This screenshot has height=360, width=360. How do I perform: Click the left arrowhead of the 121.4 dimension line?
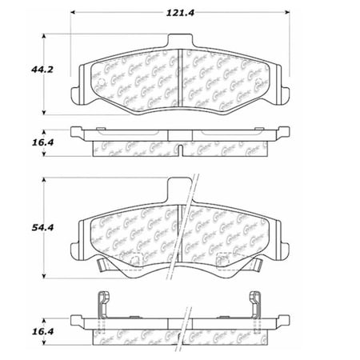click(x=74, y=14)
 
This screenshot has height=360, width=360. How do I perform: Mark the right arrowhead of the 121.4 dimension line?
click(x=289, y=14)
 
